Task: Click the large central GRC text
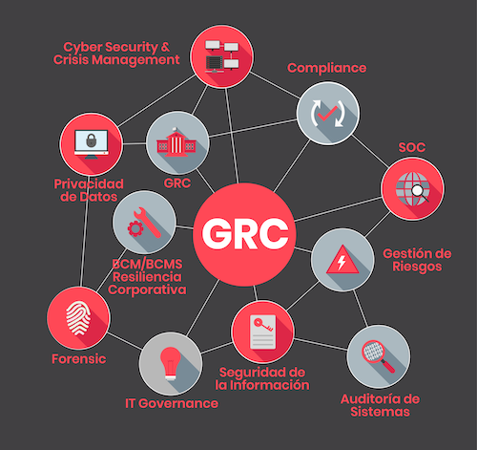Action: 245,234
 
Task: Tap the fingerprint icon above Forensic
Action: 78,318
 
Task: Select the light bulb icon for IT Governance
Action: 171,363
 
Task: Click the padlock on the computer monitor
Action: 92,140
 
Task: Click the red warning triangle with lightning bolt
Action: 342,259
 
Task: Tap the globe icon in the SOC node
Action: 412,189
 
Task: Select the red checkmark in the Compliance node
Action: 327,114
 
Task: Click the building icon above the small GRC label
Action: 176,142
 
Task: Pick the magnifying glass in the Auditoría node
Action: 379,356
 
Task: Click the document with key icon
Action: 262,332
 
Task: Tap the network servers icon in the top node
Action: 221,56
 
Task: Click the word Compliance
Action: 327,68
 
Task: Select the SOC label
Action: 412,147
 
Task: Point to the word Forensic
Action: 79,359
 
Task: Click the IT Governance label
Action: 172,403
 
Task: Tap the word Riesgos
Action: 417,267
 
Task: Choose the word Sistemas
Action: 380,412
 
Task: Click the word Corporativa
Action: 147,289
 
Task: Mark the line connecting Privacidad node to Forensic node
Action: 84,231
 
